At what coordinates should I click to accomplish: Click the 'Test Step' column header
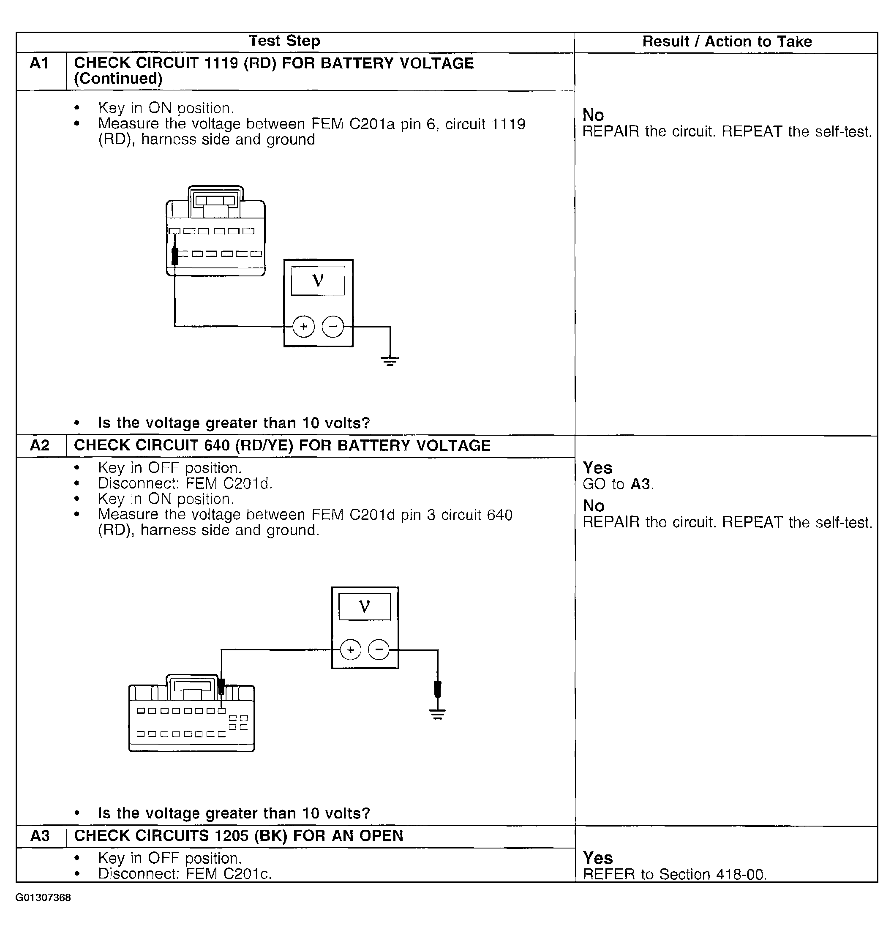point(284,41)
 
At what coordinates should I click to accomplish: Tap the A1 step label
point(40,63)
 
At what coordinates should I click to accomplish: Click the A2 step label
point(40,445)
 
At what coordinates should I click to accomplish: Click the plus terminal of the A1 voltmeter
point(303,327)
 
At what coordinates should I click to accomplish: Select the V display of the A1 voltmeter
point(318,281)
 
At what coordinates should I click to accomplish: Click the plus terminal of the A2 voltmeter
point(351,650)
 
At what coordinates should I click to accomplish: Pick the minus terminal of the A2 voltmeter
point(379,650)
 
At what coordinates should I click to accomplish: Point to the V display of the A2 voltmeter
point(364,606)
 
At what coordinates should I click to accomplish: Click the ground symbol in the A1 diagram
point(390,361)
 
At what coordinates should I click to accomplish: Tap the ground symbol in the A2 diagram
point(437,714)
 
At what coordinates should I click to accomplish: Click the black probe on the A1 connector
point(175,256)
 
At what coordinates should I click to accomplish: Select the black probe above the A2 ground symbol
point(437,689)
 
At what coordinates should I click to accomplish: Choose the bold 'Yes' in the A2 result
point(597,467)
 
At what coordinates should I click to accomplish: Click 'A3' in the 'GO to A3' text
point(640,484)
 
